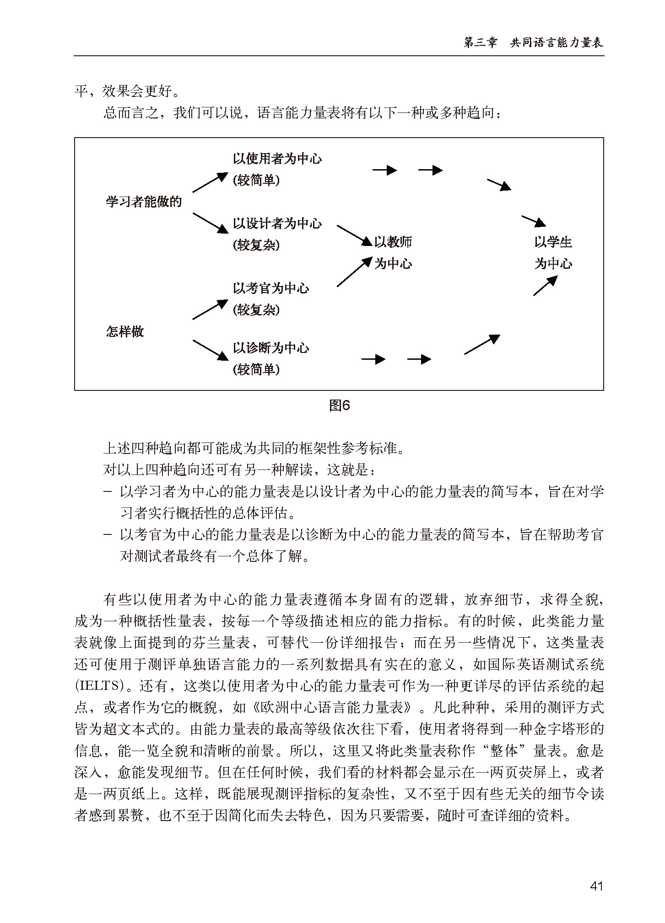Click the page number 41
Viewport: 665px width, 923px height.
click(596, 886)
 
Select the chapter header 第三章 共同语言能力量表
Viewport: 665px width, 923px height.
click(533, 43)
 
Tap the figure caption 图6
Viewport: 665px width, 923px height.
click(340, 405)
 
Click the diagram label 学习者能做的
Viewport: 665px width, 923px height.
click(144, 202)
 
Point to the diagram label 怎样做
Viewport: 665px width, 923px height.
click(125, 331)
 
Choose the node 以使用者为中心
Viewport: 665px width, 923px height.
click(277, 159)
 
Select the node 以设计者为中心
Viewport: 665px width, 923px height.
click(277, 224)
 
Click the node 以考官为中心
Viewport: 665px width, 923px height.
click(270, 288)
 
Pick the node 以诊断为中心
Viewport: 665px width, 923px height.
click(270, 348)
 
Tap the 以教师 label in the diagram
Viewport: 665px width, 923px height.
click(393, 242)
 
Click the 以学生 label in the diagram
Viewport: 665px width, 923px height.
click(553, 242)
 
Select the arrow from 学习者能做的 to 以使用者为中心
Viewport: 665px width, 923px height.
click(210, 182)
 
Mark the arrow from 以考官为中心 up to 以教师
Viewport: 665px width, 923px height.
click(354, 272)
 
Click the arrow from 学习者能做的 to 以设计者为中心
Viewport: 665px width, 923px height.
click(210, 223)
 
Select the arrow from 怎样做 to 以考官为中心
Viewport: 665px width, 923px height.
click(210, 309)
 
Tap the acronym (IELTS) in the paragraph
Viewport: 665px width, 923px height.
click(99, 686)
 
